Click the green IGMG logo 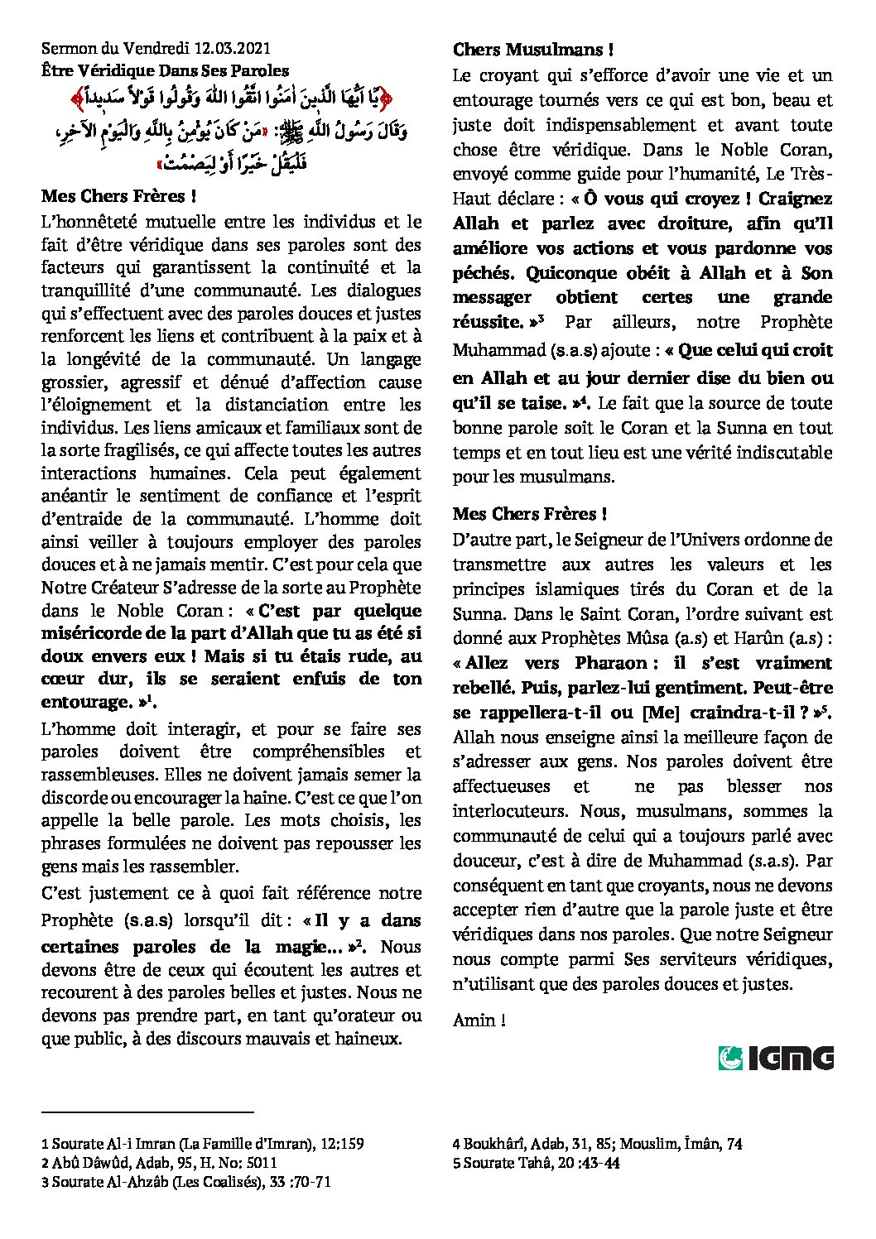pos(776,1059)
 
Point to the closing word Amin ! pos(479,1020)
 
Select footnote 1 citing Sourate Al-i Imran pos(203,1144)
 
